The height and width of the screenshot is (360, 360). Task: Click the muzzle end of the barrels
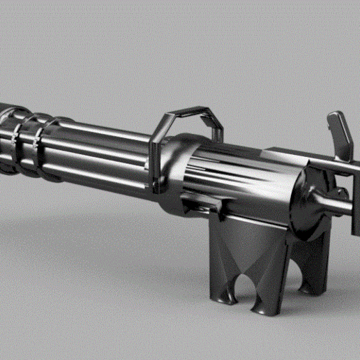pos(6,136)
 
